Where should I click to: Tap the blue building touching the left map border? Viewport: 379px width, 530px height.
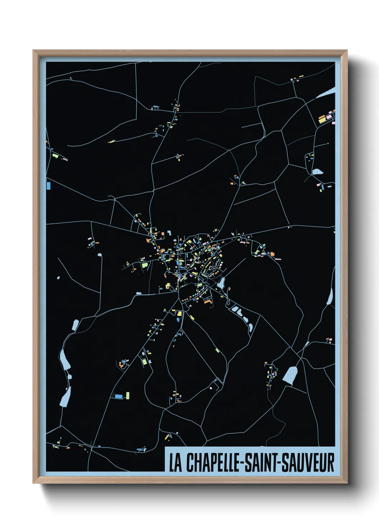tap(48, 185)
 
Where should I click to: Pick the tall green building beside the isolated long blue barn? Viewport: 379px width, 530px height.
tap(128, 395)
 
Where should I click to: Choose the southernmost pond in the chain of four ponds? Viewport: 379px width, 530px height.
tap(250, 327)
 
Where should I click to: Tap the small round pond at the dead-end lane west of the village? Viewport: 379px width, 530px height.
tap(99, 255)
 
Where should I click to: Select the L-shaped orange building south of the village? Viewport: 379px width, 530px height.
tap(208, 303)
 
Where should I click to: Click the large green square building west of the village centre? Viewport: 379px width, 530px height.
tap(145, 265)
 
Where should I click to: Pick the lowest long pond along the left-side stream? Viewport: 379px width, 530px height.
tap(65, 397)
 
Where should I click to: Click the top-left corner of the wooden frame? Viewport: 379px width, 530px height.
tap(33, 50)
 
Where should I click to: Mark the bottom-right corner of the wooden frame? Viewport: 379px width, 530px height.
tap(347, 483)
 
